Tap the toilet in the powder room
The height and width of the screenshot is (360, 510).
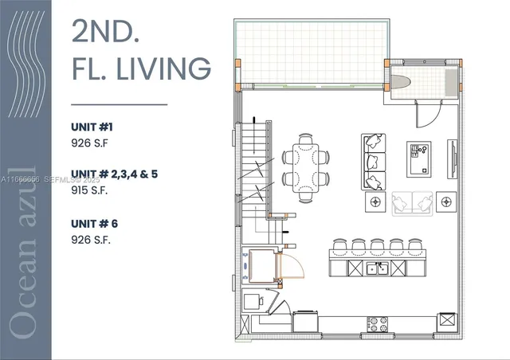[401, 82]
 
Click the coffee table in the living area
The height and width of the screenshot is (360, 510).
[418, 156]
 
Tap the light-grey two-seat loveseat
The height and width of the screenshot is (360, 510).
[414, 204]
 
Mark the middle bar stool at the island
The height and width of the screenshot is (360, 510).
[379, 245]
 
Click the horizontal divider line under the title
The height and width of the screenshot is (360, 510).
[120, 104]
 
